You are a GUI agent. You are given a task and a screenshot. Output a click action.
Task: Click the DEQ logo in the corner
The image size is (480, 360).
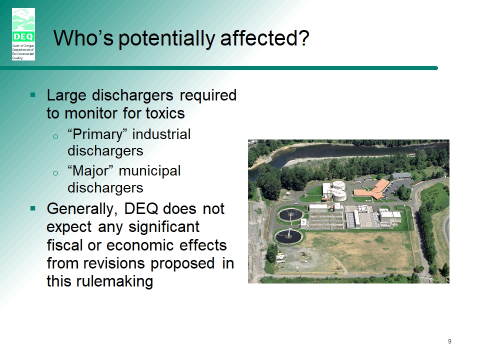coord(23,34)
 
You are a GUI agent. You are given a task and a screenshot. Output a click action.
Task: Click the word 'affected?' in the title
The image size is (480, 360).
coord(264,38)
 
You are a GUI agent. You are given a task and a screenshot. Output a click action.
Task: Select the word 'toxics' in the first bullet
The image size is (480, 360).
coord(165,113)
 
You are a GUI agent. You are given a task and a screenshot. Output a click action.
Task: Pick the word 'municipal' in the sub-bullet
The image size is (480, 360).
coord(149,171)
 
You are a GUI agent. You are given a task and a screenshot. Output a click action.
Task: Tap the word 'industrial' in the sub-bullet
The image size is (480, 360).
coord(161,134)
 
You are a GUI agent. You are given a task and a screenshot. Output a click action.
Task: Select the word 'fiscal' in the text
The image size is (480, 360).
coord(65,245)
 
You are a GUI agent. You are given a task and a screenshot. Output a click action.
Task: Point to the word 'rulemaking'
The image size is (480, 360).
coord(115,281)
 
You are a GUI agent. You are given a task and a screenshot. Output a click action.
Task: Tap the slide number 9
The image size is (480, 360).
coord(449,341)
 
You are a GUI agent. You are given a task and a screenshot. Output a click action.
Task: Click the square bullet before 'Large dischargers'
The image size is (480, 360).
coord(33,95)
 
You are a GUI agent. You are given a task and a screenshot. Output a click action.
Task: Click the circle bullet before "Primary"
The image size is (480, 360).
coord(55,136)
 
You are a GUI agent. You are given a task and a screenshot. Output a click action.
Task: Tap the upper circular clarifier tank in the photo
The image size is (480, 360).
coord(290,214)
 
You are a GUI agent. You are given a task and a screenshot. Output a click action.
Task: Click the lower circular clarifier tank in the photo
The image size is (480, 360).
coord(288,236)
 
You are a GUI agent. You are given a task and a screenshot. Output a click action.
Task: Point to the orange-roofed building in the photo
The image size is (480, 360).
coord(372,189)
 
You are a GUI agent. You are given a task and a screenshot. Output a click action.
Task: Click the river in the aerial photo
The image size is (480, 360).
coord(336,152)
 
